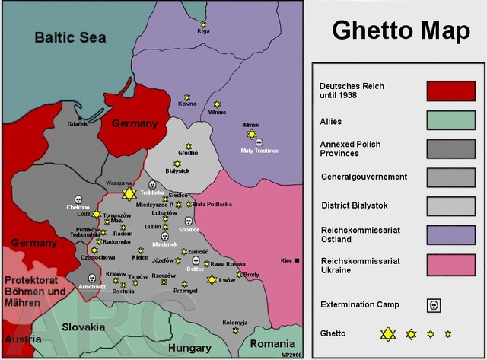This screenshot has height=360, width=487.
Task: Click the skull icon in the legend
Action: (434, 305)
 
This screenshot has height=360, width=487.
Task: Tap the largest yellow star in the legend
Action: (389, 333)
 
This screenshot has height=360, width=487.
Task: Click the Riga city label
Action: (203, 31)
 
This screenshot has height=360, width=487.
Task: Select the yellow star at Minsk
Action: (251, 134)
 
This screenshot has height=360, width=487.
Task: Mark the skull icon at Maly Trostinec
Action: (259, 142)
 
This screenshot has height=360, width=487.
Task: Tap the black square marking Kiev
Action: (298, 260)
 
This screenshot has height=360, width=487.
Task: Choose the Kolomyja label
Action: (235, 322)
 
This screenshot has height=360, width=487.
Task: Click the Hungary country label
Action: (189, 347)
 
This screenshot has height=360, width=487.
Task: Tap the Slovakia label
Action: (83, 327)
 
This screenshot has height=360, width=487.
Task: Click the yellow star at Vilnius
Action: (217, 104)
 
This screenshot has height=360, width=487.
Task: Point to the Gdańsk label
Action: (78, 123)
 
